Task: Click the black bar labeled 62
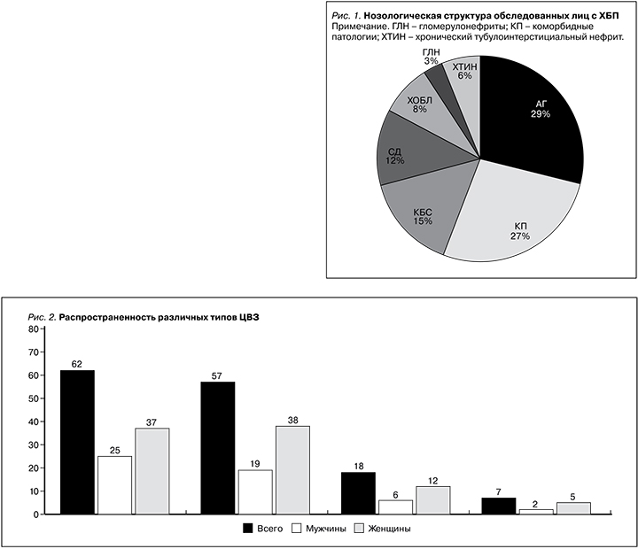(x=77, y=443)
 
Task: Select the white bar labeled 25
(x=114, y=485)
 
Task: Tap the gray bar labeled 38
(x=292, y=470)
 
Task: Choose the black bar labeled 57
(x=218, y=448)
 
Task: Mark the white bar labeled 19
(x=255, y=492)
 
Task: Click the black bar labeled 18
(x=358, y=493)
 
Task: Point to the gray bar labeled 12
(x=432, y=500)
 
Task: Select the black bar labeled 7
(x=498, y=506)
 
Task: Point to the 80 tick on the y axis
(x=33, y=329)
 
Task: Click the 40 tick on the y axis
(x=33, y=421)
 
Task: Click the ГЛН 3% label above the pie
(x=431, y=57)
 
